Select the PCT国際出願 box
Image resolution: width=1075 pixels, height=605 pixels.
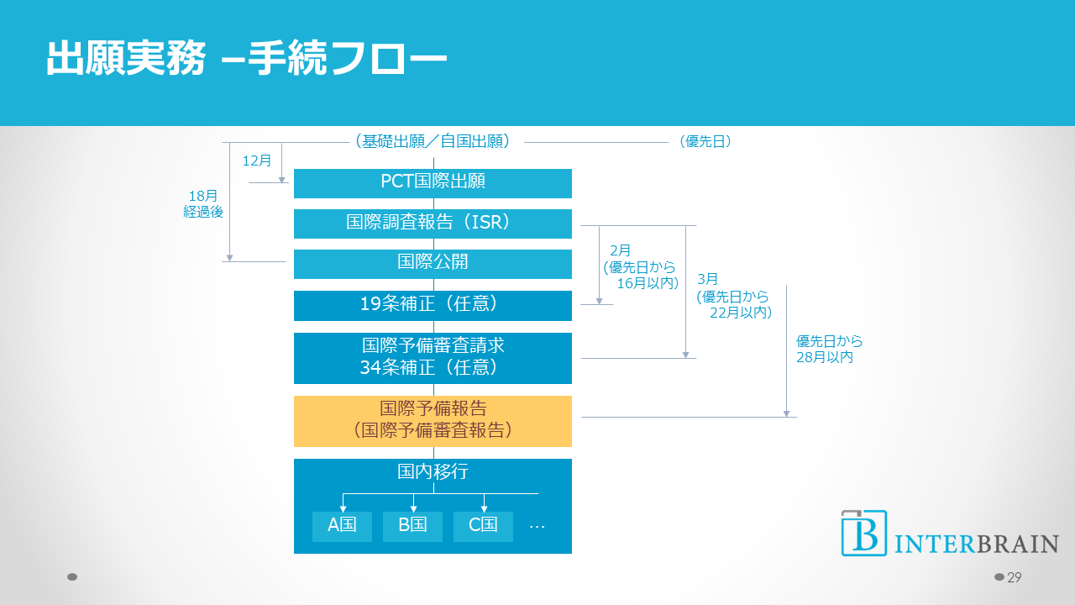pos(433,182)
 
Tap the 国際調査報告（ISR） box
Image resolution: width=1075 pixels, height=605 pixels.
pos(433,223)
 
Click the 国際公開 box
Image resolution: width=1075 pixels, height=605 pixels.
pos(433,263)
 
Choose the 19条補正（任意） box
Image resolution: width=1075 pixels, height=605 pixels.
pos(433,305)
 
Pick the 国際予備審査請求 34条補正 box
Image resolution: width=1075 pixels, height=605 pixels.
pos(433,357)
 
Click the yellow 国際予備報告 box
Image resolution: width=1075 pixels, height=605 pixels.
pos(433,420)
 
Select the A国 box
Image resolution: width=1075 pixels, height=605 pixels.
pos(342,526)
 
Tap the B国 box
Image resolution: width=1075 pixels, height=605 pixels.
pos(412,526)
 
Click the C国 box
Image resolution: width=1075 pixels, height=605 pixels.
pos(483,526)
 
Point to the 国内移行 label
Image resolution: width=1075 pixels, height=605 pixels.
pos(433,472)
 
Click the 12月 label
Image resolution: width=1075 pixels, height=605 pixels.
pos(257,160)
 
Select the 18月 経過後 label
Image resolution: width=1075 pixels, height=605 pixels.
pos(203,204)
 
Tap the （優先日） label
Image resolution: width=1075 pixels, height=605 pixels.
pos(705,142)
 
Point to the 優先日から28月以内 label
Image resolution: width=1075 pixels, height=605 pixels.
pos(829,350)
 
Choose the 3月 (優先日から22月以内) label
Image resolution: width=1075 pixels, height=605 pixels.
pos(733,296)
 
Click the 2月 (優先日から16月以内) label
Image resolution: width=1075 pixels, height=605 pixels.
pos(640,266)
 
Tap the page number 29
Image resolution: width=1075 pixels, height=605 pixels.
pos(1014,577)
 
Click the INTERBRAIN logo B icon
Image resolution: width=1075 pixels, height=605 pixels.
pos(863,533)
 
